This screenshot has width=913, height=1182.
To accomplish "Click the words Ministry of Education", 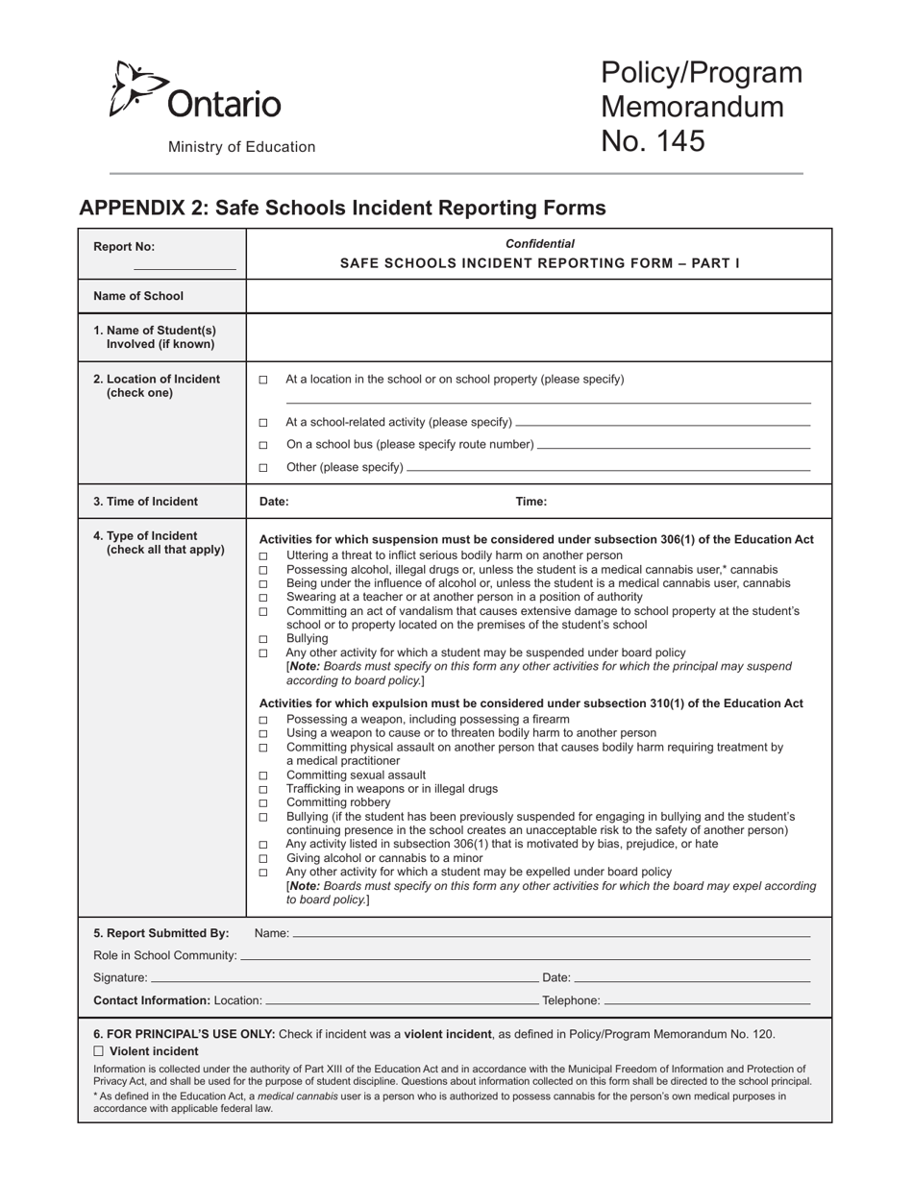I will click(x=241, y=147).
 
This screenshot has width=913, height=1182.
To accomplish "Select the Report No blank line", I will click(x=185, y=268).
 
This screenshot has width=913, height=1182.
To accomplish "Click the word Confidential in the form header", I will click(x=540, y=244).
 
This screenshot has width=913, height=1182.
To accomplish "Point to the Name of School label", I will click(x=138, y=296).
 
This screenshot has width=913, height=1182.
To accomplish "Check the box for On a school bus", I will click(x=263, y=445).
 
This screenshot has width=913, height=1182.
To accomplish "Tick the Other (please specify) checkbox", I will click(x=263, y=468).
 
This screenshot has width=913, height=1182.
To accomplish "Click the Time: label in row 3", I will click(x=531, y=502).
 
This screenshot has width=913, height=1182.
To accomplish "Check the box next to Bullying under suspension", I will click(x=263, y=639).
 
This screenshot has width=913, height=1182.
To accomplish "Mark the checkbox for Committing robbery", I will click(x=263, y=803).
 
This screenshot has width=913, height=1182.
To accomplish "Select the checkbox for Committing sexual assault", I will click(x=263, y=776).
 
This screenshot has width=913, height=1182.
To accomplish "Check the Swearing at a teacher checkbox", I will click(x=263, y=598).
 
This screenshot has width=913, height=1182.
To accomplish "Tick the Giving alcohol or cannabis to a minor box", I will click(x=263, y=859).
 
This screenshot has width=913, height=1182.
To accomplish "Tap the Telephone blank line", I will click(x=706, y=1000).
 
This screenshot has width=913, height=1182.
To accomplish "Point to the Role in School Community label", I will click(x=164, y=955).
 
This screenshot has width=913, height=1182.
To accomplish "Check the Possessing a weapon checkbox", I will click(x=263, y=720).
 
